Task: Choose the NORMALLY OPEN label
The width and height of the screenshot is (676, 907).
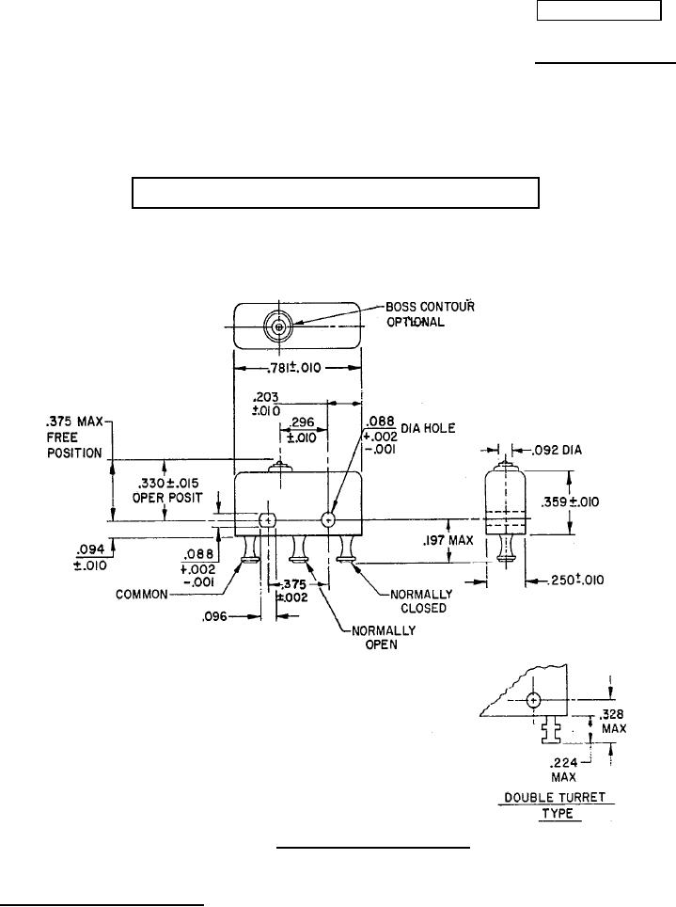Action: click(x=359, y=640)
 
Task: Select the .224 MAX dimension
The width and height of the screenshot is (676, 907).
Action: click(x=564, y=771)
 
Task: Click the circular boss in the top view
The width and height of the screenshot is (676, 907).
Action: click(x=277, y=327)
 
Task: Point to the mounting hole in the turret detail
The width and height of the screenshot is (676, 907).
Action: click(x=533, y=700)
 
